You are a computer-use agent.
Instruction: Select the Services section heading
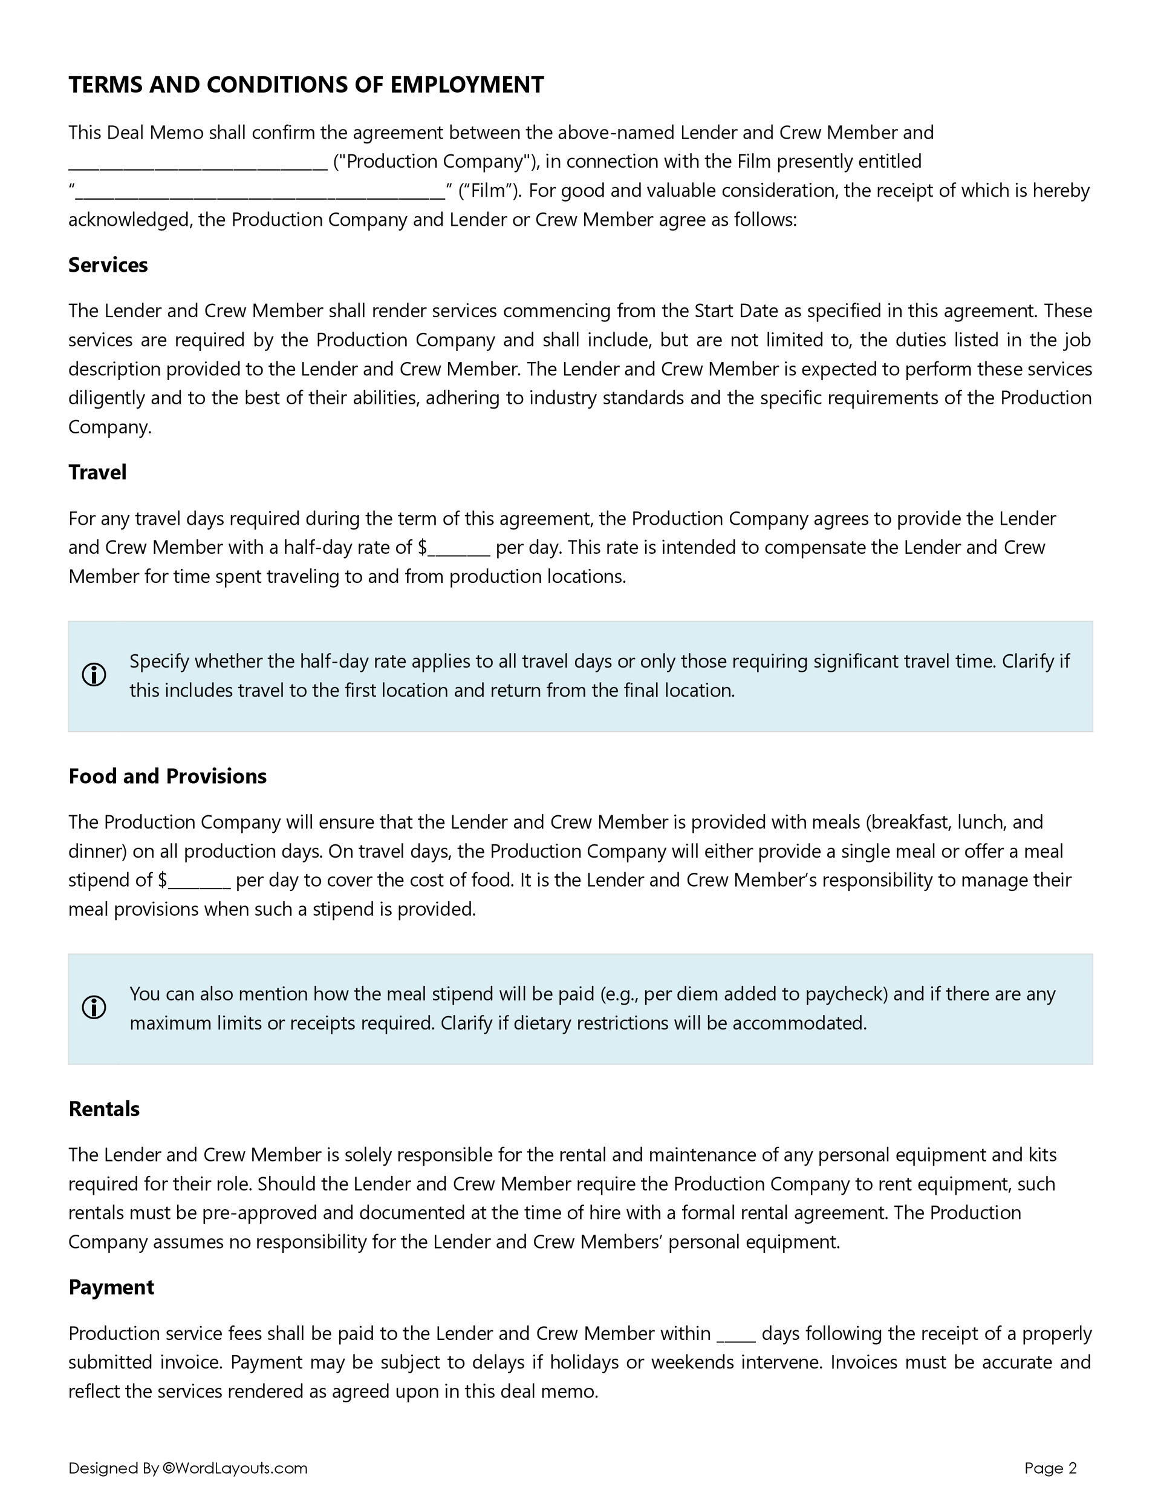pos(108,265)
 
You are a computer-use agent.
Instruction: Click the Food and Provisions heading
pos(167,776)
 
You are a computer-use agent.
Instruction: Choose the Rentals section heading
pos(104,1109)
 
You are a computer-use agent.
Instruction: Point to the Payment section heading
pos(111,1287)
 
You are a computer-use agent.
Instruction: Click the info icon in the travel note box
pos(94,675)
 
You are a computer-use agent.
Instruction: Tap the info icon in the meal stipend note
pos(94,1008)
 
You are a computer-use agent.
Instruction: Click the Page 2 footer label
pos(1050,1468)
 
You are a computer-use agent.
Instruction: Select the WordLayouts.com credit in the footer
pos(235,1468)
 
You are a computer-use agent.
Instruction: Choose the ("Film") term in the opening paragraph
pos(489,191)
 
